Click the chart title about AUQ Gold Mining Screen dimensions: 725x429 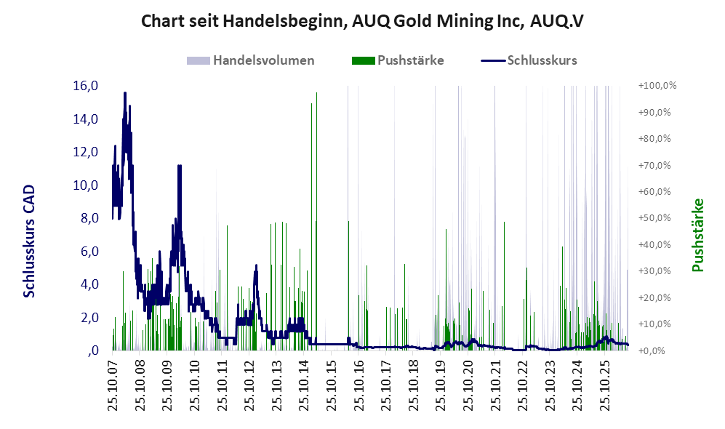[x=362, y=21]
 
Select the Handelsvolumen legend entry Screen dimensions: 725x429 [x=251, y=60]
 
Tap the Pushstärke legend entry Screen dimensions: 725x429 [x=398, y=60]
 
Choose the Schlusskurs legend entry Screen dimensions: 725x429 [x=529, y=60]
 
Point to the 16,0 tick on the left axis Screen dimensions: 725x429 [x=86, y=86]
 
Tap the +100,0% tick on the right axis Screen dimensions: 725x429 [x=657, y=86]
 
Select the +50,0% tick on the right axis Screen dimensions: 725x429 [x=654, y=217]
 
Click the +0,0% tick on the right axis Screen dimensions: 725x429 [x=652, y=351]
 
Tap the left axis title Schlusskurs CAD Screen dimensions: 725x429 [x=29, y=241]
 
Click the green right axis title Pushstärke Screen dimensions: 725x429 [x=697, y=236]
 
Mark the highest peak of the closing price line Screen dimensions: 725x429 [x=125, y=93]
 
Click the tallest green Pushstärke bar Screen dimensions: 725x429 [x=317, y=221]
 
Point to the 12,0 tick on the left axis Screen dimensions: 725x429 [x=86, y=152]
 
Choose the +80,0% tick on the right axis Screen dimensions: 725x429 [x=654, y=139]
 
